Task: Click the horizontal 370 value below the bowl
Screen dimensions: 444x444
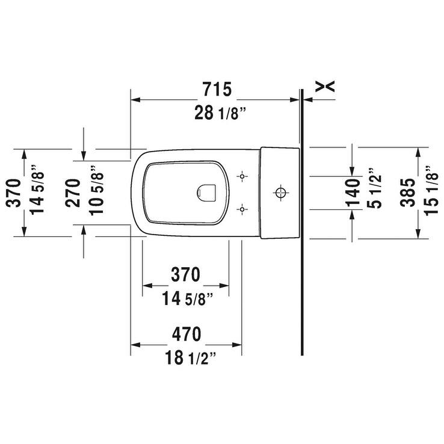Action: (x=185, y=275)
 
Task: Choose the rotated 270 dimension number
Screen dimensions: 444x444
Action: (x=73, y=193)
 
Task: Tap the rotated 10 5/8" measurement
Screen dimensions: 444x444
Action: (x=96, y=193)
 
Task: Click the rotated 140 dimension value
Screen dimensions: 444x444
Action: (x=354, y=193)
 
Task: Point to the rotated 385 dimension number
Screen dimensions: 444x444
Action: (x=409, y=193)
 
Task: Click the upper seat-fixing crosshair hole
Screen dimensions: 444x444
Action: (x=242, y=177)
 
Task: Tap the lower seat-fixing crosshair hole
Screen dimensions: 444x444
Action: (x=242, y=209)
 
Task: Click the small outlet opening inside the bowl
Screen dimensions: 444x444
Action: (x=206, y=192)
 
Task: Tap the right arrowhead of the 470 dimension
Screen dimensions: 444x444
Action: (x=238, y=345)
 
